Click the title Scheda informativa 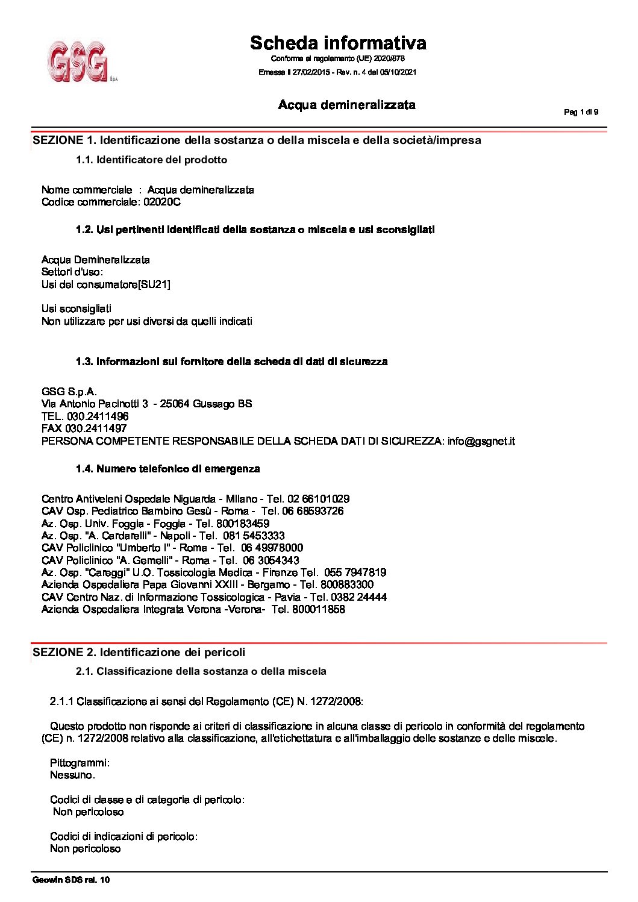[338, 43]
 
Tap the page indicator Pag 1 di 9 [581, 112]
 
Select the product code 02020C [162, 202]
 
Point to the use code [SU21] [155, 284]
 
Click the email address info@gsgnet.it [481, 441]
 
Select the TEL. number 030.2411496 [98, 416]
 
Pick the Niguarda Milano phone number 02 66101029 [319, 499]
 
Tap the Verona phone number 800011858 [319, 609]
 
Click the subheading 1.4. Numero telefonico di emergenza [168, 469]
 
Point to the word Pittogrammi [79, 763]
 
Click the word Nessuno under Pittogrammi [72, 775]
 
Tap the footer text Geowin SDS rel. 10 [71, 880]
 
